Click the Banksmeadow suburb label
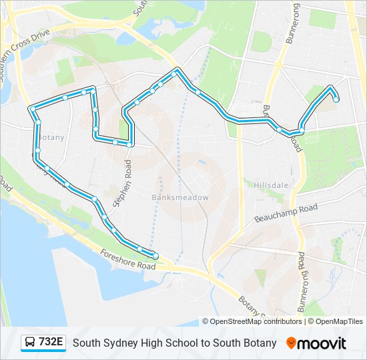180,197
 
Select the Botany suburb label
51,137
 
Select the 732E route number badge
51,342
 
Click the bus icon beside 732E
30,343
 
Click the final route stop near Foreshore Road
155,256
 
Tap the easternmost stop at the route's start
336,100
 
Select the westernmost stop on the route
32,109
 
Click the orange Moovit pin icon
291,343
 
